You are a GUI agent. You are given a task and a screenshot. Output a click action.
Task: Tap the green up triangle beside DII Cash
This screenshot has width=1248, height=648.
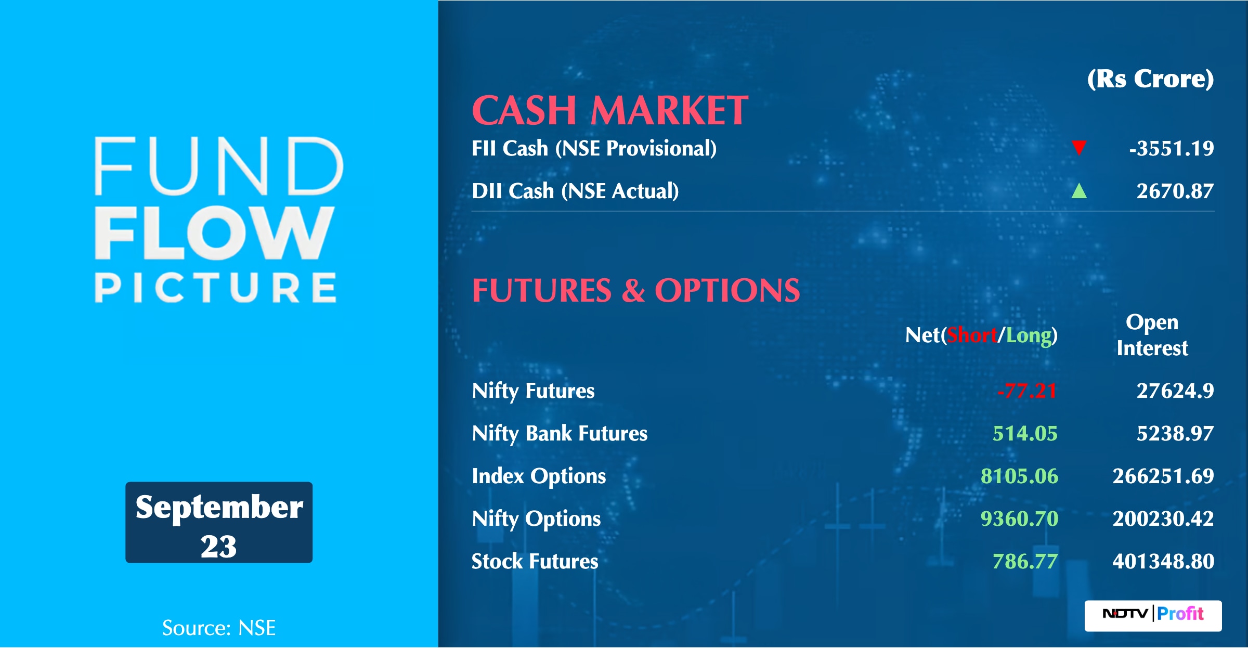pyautogui.click(x=1079, y=191)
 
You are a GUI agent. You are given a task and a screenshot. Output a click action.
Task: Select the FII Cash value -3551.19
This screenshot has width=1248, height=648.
pyautogui.click(x=1172, y=149)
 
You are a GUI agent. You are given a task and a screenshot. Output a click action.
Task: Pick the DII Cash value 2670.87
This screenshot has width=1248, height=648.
pyautogui.click(x=1175, y=191)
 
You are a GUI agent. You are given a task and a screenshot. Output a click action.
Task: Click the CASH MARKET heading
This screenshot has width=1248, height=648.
pyautogui.click(x=610, y=110)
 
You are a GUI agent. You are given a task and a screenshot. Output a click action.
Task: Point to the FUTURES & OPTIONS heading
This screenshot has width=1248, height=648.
pyautogui.click(x=636, y=290)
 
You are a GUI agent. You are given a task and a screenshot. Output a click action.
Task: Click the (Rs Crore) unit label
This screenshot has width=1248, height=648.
pyautogui.click(x=1151, y=79)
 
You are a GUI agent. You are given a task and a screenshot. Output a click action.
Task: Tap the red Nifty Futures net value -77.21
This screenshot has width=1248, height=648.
pyautogui.click(x=1028, y=391)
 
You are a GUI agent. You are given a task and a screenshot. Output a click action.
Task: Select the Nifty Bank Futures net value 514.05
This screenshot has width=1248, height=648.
pyautogui.click(x=1025, y=433)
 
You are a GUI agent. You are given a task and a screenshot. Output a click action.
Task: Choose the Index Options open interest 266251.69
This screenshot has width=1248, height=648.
pyautogui.click(x=1163, y=476)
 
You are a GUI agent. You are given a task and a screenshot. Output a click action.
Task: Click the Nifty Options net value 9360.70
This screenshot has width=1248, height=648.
pyautogui.click(x=1019, y=519)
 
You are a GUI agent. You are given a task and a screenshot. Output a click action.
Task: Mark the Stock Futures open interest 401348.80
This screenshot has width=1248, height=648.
pyautogui.click(x=1163, y=561)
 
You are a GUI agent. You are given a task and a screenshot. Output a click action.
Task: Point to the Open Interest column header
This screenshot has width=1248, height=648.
pyautogui.click(x=1152, y=335)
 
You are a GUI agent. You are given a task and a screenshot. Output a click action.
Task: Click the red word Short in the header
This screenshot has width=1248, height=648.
pyautogui.click(x=972, y=335)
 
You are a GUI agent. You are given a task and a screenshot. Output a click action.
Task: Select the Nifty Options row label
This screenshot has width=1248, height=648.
pyautogui.click(x=536, y=519)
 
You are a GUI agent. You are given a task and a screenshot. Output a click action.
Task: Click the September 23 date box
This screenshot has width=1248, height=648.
pyautogui.click(x=219, y=522)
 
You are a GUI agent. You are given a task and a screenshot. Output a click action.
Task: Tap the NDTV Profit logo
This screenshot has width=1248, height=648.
pyautogui.click(x=1153, y=616)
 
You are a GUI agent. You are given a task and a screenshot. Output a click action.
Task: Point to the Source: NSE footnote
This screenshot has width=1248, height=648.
pyautogui.click(x=219, y=628)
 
